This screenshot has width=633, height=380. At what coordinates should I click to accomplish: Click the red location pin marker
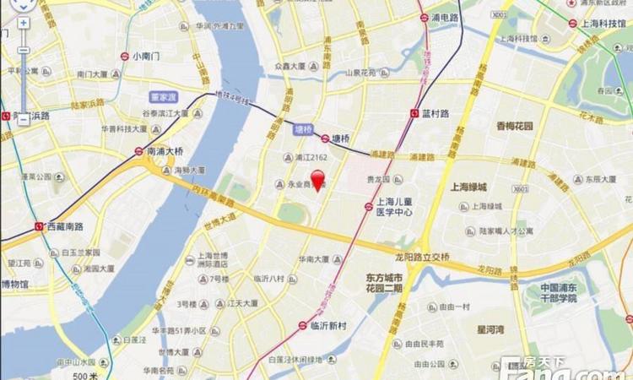coord(318,180)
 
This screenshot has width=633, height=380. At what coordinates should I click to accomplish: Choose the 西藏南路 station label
coord(61,226)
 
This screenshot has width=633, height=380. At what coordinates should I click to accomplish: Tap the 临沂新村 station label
coord(329,325)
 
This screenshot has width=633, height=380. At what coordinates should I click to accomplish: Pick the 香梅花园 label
coord(515,126)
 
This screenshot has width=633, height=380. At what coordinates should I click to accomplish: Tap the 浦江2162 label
coord(311,157)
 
